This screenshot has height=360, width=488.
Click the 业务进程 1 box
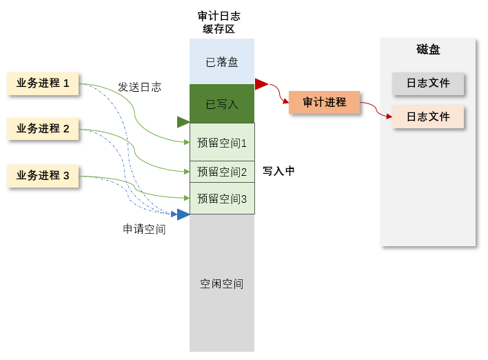tap(43, 83)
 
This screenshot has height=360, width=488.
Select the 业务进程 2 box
tap(43, 129)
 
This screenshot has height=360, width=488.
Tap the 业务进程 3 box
tap(43, 176)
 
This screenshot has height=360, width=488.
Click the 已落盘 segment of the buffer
tap(222, 61)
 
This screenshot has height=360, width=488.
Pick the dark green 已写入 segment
tap(222, 103)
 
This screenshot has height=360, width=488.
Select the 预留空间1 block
tap(222, 142)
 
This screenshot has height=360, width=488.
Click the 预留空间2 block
tap(222, 172)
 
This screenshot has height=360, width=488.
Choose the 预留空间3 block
tap(222, 199)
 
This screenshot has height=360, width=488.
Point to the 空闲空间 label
tap(221, 283)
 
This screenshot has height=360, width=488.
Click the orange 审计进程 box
tap(324, 102)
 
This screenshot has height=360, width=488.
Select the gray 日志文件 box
tap(428, 83)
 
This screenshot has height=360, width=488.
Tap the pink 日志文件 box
tap(428, 117)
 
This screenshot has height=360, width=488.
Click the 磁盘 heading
tap(428, 50)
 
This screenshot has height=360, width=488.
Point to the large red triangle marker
tap(261, 84)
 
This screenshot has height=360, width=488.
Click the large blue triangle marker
tap(183, 214)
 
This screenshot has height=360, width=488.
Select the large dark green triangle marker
tap(183, 122)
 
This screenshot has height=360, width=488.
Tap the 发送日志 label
tap(139, 87)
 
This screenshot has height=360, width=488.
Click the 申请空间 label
tap(144, 229)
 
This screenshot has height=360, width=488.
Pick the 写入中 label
tap(278, 171)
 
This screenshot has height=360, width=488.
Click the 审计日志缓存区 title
tap(218, 23)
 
